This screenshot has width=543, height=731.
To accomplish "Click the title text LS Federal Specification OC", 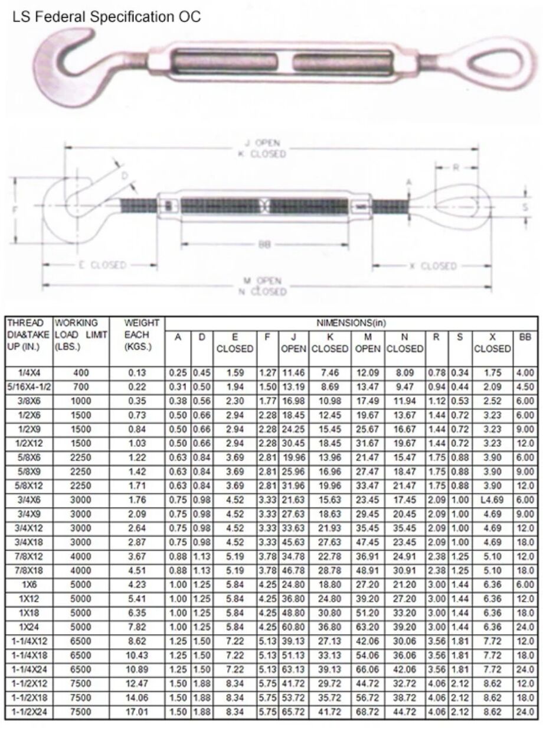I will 106,17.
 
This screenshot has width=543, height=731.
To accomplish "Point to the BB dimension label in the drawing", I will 264,245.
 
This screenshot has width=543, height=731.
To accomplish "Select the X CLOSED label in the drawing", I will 433,266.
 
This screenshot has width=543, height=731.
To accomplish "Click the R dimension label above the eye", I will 456,167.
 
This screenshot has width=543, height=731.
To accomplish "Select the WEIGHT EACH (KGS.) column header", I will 142,334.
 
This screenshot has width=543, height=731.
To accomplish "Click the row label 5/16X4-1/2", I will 28,386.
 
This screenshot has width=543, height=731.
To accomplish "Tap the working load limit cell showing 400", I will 81,373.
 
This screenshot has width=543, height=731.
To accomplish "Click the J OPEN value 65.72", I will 293,712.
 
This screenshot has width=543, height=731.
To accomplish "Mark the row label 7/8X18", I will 28,570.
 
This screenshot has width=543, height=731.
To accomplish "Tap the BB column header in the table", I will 525,337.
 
